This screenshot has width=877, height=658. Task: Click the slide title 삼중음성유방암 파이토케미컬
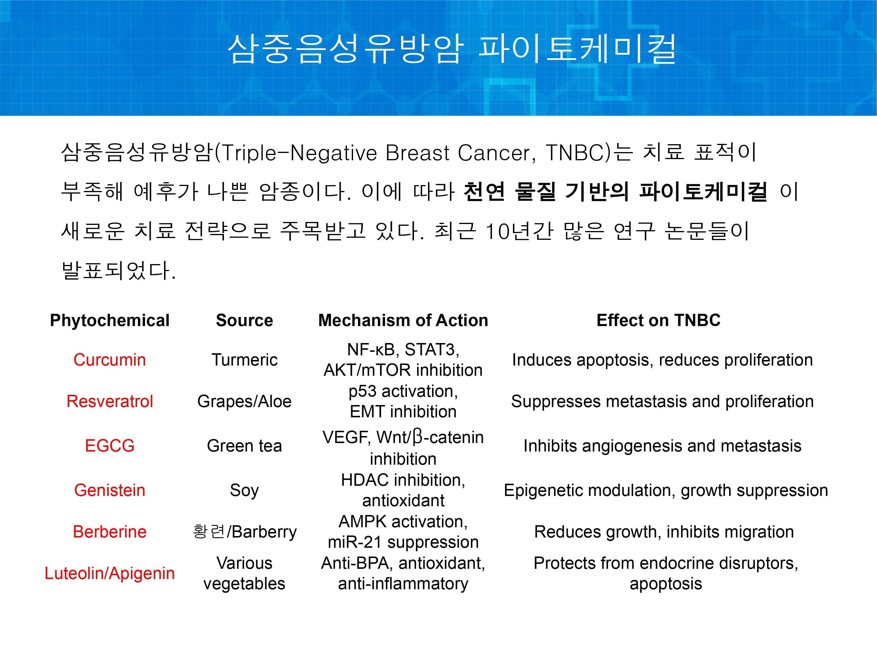tap(452, 49)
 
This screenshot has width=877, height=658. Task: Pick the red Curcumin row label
tap(110, 360)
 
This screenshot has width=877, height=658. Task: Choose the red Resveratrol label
tap(110, 402)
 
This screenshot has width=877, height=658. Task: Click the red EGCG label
tap(110, 446)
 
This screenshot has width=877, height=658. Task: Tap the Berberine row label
tap(110, 532)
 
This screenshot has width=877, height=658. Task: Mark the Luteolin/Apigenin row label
tap(110, 573)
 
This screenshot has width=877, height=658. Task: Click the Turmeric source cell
tap(245, 360)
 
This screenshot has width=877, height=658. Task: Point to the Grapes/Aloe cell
tap(245, 402)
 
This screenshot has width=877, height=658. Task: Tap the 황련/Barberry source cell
tap(245, 532)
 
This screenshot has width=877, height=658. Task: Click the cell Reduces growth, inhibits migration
tap(664, 532)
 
